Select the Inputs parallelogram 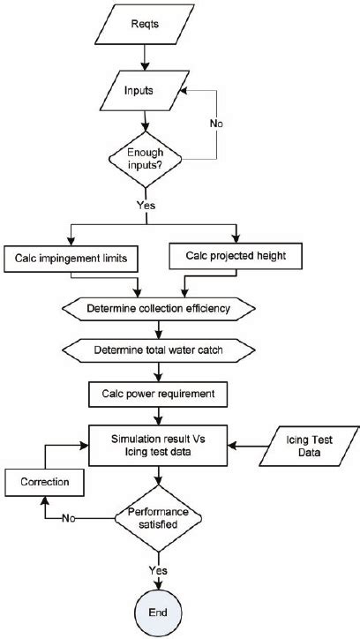tap(143, 90)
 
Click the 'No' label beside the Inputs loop tap(216, 124)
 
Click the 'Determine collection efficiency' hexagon tap(159, 309)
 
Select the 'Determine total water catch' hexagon tap(159, 350)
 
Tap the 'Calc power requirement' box tap(159, 392)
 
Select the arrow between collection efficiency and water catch tap(159, 330)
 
